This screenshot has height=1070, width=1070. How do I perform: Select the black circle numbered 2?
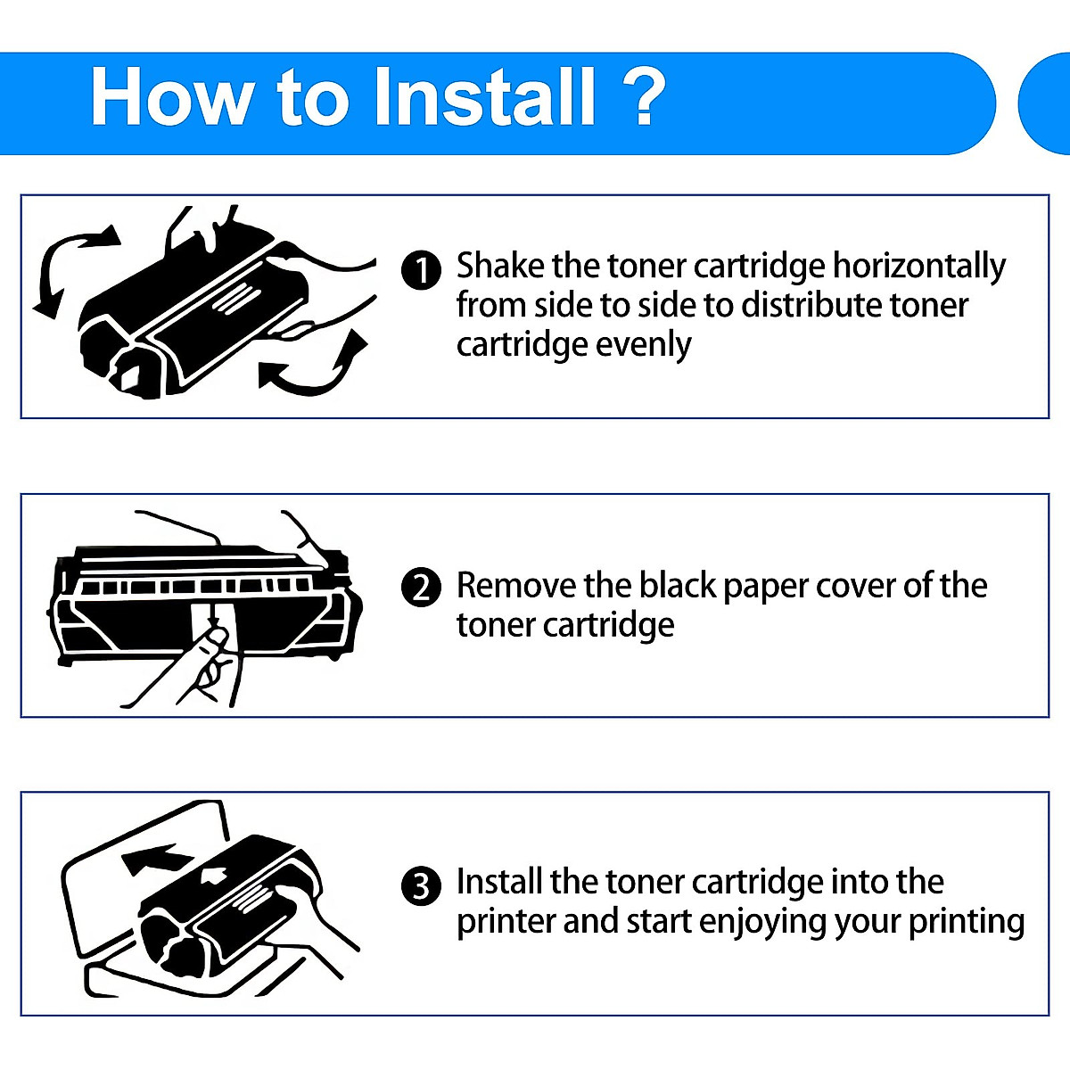(421, 588)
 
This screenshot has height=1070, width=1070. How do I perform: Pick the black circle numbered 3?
(421, 886)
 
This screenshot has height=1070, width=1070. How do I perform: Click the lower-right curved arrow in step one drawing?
(317, 366)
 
